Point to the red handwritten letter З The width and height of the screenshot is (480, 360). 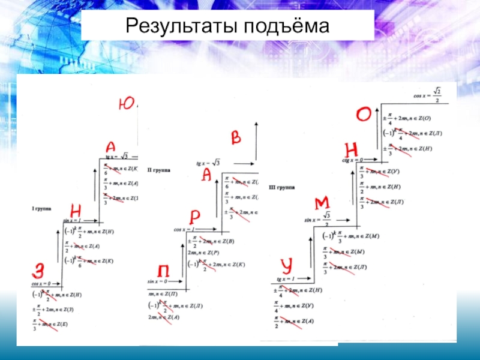tap(40, 270)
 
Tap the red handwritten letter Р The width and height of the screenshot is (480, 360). tap(195, 217)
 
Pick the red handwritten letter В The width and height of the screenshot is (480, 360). tap(236, 138)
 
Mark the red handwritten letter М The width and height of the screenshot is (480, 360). tap(322, 202)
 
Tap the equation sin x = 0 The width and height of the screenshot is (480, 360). tap(158, 281)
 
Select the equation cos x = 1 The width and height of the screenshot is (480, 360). tap(186, 229)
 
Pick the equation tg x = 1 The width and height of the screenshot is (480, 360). tap(287, 280)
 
